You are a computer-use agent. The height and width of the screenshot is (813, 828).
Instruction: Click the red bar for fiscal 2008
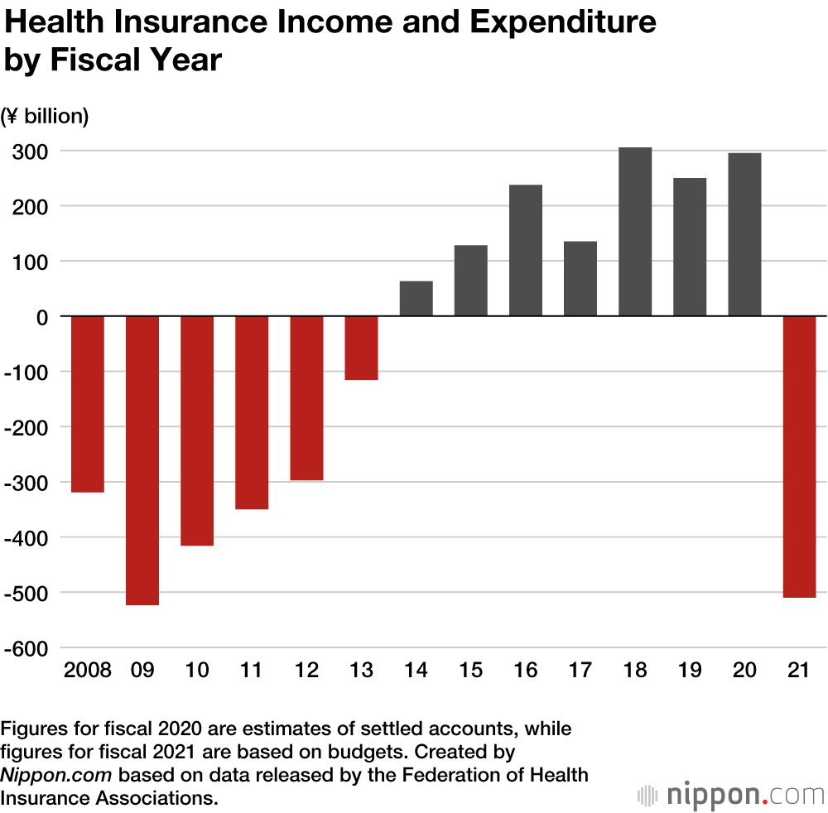87,404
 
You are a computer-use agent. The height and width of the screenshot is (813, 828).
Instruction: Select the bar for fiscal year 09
142,460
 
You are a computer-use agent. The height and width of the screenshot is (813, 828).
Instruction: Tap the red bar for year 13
361,348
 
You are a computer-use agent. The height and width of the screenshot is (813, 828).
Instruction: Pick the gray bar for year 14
416,299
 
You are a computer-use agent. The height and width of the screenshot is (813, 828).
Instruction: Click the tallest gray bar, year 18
635,232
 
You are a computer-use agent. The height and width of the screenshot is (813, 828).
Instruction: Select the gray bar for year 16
526,250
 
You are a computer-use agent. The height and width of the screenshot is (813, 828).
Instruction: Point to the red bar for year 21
799,456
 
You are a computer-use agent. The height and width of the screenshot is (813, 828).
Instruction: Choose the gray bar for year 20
744,234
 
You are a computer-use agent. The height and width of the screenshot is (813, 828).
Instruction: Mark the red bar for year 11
252,412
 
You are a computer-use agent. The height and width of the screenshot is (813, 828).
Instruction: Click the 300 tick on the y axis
30,152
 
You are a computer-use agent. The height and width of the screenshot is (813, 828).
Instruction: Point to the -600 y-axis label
26,648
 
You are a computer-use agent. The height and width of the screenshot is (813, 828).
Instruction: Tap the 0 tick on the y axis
41,317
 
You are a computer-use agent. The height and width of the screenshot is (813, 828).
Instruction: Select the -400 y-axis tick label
26,538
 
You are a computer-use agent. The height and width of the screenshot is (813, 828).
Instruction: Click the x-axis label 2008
87,670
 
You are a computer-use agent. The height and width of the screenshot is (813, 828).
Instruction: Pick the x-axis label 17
580,670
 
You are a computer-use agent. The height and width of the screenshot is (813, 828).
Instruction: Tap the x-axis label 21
799,670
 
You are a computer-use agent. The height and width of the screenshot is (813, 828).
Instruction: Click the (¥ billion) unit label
46,117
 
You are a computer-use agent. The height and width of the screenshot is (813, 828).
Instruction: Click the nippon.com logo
732,795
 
